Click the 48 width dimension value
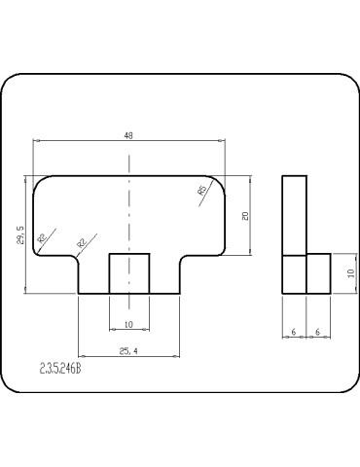tap(128, 136)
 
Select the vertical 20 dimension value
tap(246, 215)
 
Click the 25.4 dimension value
tap(127, 350)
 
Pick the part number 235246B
tap(60, 369)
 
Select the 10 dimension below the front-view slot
tap(128, 324)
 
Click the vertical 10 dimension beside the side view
tap(350, 273)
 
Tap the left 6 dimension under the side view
tap(293, 332)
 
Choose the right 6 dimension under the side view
tap(318, 332)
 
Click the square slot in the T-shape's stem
tap(128, 273)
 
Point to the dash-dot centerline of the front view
tap(128, 209)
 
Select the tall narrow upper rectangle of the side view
tap(294, 214)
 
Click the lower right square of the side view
tap(319, 273)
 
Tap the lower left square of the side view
tap(294, 273)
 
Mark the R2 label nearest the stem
tap(81, 238)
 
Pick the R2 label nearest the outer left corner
tap(42, 237)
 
